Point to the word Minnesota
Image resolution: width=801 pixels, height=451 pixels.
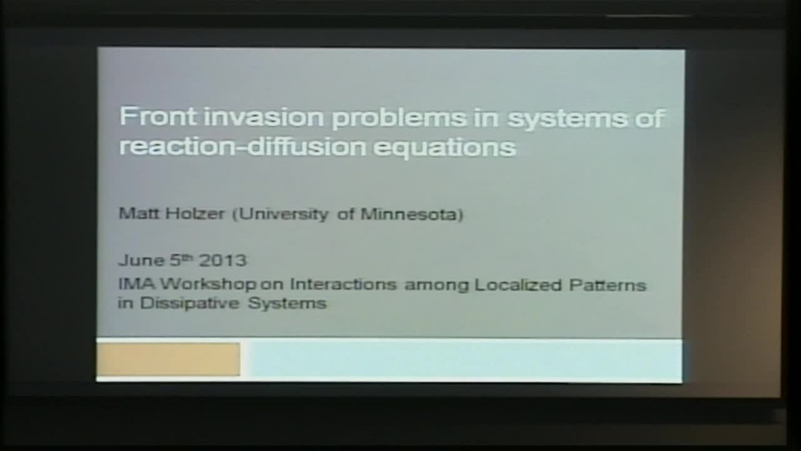(412, 214)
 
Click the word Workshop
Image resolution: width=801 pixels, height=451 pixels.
(208, 285)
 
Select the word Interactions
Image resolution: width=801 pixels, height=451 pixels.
(343, 285)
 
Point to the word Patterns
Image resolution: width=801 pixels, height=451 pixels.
(607, 285)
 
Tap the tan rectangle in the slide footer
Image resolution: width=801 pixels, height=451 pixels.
(168, 359)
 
